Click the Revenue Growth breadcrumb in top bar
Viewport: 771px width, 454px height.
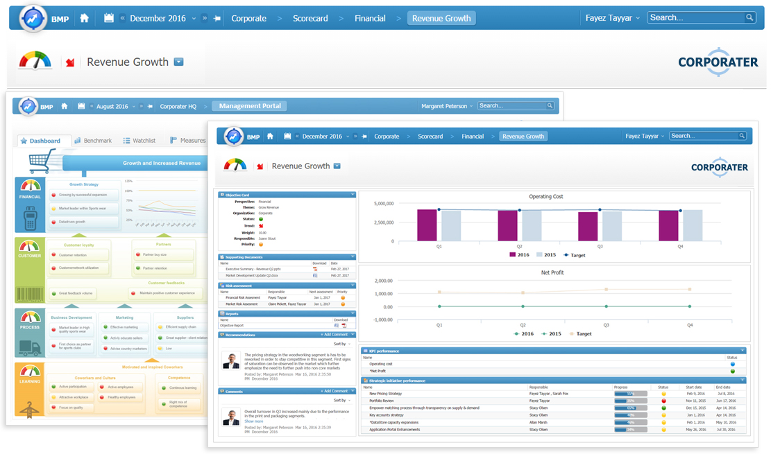coord(441,19)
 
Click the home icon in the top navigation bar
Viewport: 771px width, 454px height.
coord(85,19)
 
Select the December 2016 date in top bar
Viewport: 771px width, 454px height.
coord(158,19)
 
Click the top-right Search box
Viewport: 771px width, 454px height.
coord(697,18)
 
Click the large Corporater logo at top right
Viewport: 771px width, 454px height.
coord(718,62)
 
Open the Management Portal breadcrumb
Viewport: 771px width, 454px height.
coord(249,106)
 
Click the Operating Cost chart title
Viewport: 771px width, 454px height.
coord(546,197)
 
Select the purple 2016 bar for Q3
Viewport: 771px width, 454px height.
coord(588,226)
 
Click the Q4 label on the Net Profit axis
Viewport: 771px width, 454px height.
coord(689,324)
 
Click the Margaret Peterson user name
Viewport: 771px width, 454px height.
coord(444,106)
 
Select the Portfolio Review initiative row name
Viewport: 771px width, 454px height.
coord(382,400)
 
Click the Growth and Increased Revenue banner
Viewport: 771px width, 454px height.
coord(161,164)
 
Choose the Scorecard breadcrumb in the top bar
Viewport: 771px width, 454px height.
coord(310,19)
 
